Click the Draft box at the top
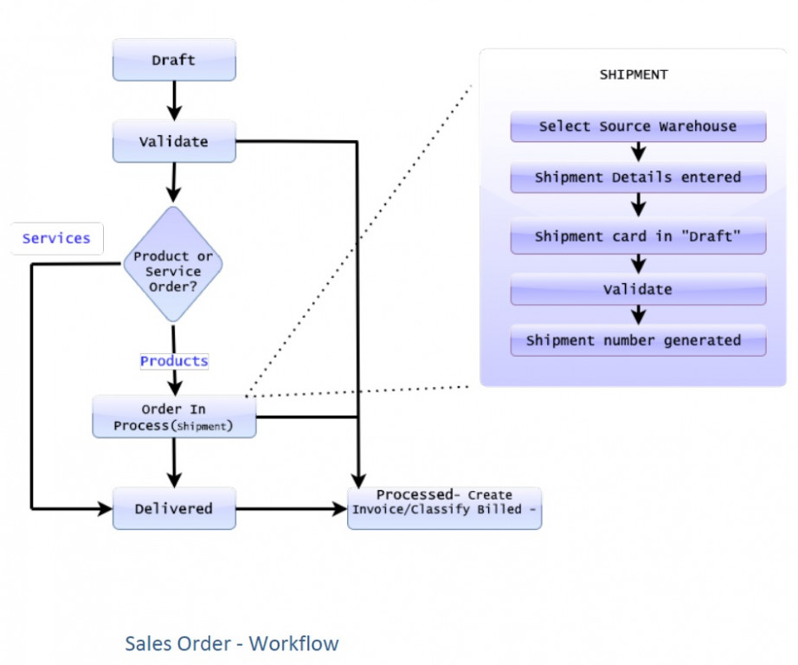tap(174, 61)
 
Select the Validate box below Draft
tap(174, 141)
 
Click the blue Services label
tap(56, 238)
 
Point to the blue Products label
tap(174, 360)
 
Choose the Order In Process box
tap(174, 417)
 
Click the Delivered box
tap(174, 509)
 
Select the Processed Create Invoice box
tap(444, 503)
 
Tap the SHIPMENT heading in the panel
tap(634, 74)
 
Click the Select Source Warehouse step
tap(638, 126)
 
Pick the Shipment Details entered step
tap(638, 178)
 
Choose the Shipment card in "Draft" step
tap(638, 236)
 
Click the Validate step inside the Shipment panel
tap(638, 289)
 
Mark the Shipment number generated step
tap(638, 340)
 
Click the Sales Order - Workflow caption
tap(232, 643)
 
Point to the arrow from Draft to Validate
tap(174, 100)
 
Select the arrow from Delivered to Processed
tap(291, 509)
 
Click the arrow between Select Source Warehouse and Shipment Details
tap(638, 152)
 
